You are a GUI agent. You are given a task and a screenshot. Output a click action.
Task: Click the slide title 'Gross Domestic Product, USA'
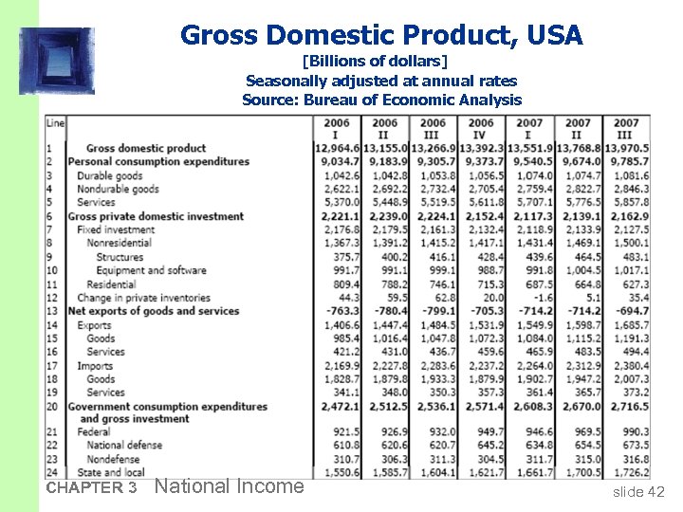click(381, 36)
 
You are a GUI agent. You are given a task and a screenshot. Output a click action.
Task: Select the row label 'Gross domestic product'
click(146, 148)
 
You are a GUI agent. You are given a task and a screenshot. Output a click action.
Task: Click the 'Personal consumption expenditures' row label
click(158, 161)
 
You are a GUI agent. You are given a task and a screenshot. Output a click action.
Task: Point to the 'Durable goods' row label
click(110, 175)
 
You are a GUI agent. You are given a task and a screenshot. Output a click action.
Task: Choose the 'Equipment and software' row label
click(151, 270)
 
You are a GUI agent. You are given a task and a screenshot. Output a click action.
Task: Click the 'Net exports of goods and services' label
click(154, 311)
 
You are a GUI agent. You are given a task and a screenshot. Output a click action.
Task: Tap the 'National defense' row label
click(124, 445)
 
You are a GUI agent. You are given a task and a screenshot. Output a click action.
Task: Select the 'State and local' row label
click(111, 472)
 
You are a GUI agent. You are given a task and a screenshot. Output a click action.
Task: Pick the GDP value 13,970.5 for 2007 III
click(627, 148)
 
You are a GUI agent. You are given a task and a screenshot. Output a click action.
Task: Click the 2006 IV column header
click(481, 128)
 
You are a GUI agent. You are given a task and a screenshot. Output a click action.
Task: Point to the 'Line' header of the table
click(55, 122)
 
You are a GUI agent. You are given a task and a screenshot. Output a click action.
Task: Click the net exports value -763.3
click(341, 311)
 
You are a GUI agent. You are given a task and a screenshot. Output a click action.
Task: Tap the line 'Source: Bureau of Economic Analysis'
click(381, 100)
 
